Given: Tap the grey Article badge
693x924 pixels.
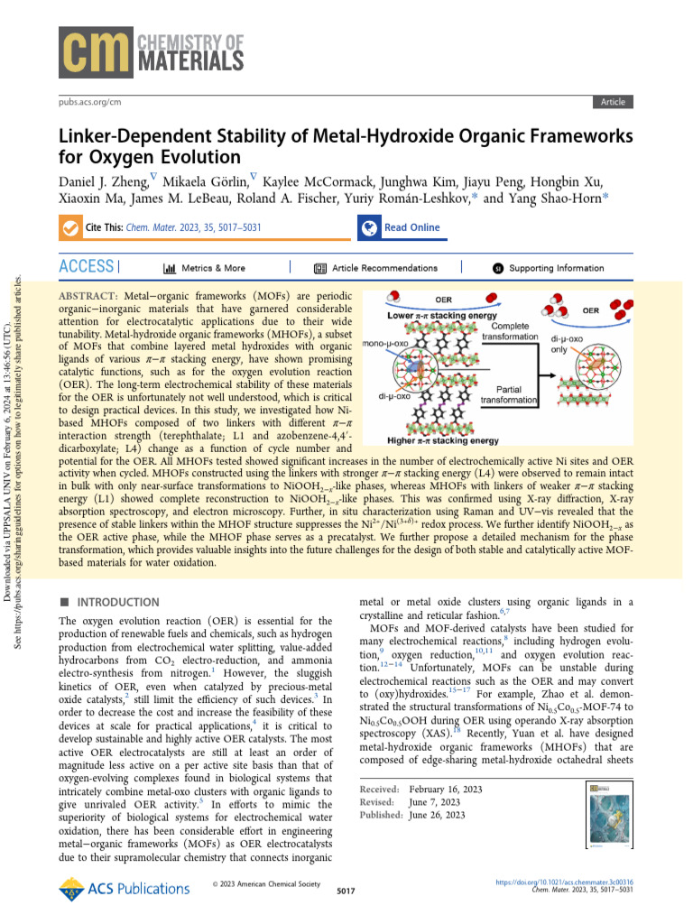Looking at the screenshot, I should pos(613,102).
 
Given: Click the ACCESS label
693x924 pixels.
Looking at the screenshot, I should pos(86,267).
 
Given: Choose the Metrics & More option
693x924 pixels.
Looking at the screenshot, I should pos(204,268).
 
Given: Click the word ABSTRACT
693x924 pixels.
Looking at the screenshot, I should pos(88,296).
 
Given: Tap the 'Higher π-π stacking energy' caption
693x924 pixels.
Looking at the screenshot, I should pos(442,441).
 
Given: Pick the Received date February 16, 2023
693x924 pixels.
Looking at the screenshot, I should pos(445,790).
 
